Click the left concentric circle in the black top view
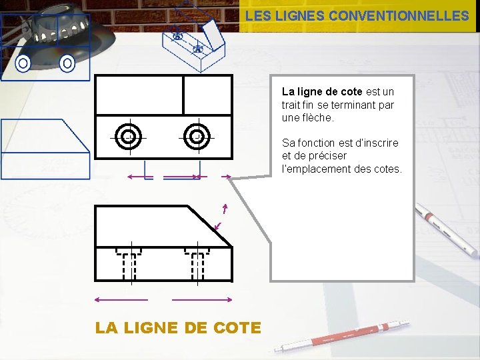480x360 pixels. [127, 137]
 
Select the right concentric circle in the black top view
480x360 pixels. [197, 137]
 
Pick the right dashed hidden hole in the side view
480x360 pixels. [197, 263]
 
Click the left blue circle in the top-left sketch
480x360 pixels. [23, 64]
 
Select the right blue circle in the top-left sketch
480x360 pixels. [67, 64]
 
